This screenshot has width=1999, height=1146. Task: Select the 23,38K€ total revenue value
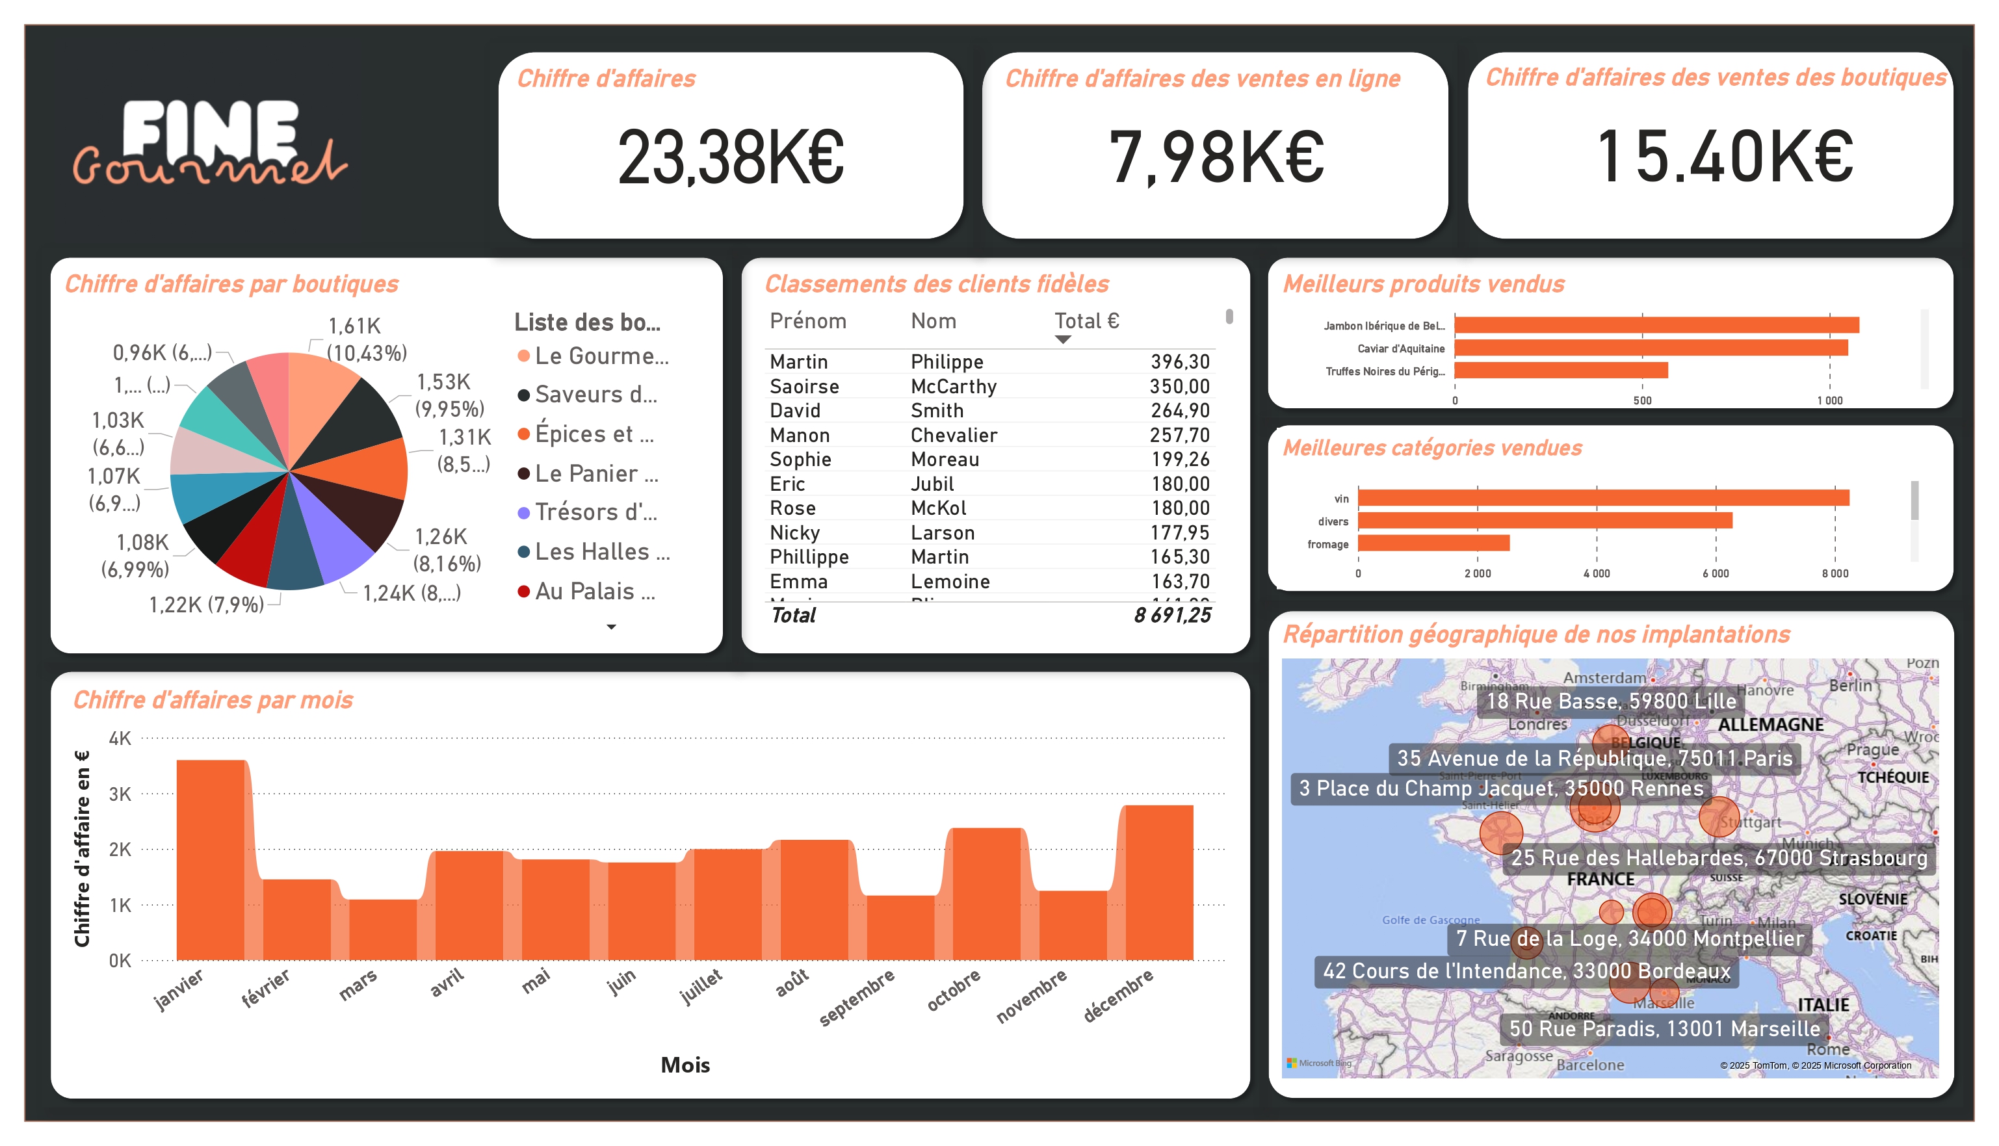click(730, 157)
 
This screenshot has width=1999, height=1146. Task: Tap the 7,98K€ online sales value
click(1216, 157)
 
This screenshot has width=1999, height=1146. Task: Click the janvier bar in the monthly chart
click(210, 862)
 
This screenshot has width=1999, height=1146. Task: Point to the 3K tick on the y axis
click(120, 794)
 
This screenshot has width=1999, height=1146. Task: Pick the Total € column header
click(1086, 321)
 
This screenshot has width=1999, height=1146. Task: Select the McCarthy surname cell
click(953, 387)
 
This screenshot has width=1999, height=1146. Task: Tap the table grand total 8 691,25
click(1172, 616)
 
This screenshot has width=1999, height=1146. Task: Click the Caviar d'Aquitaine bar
click(1651, 348)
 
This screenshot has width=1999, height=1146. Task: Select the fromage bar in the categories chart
click(1433, 543)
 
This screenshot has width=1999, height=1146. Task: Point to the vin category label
click(1341, 499)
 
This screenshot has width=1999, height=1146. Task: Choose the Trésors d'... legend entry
click(595, 512)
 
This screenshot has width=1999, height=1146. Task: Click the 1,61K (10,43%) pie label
click(365, 339)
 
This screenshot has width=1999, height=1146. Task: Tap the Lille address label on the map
click(1610, 701)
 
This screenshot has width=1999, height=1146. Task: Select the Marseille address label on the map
click(1664, 1029)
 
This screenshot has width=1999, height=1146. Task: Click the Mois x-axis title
click(685, 1065)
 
